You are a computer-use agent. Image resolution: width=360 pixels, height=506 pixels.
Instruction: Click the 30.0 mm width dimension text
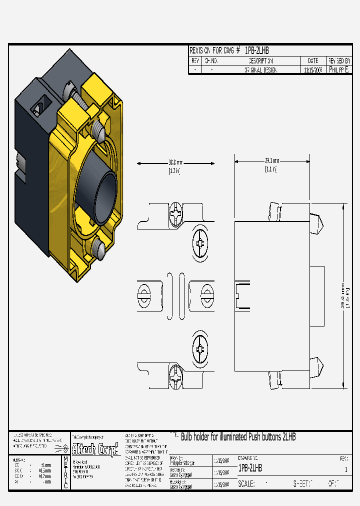[x=175, y=162]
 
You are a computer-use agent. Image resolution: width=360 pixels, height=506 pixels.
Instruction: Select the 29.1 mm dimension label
[x=272, y=160]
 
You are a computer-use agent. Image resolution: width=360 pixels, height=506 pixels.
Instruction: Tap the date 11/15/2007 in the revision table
[x=313, y=70]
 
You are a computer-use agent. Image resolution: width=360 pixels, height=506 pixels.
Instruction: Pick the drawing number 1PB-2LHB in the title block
[x=250, y=468]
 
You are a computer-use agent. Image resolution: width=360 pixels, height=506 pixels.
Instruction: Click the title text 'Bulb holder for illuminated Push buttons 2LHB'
[x=238, y=437]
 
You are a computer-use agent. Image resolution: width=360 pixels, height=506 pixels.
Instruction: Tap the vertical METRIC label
[x=65, y=472]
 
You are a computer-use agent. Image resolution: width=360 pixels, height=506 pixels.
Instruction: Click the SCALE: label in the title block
[x=246, y=483]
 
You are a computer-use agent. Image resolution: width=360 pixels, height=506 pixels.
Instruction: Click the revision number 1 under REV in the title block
[x=345, y=469]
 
